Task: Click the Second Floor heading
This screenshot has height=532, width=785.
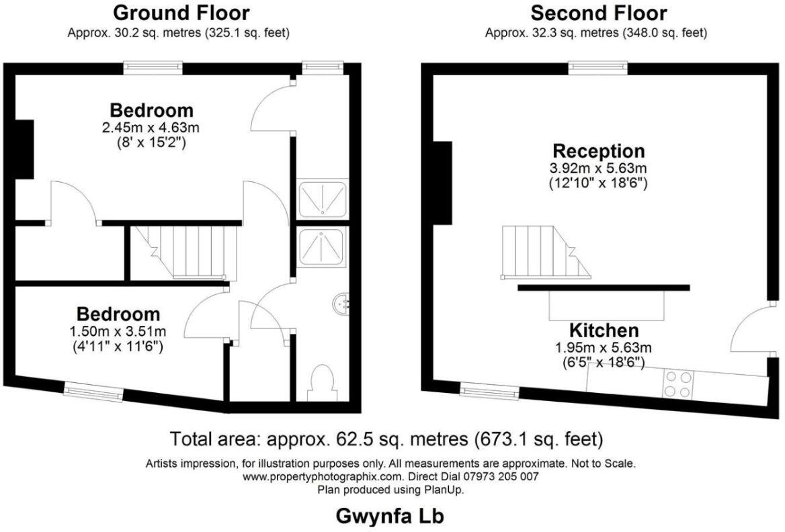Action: [x=598, y=13]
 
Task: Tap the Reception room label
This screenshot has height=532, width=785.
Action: [x=598, y=150]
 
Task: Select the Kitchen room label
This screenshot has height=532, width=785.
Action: [x=604, y=330]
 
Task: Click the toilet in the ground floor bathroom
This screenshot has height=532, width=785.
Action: [x=323, y=382]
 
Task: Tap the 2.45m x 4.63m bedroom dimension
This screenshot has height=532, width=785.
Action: [x=151, y=126]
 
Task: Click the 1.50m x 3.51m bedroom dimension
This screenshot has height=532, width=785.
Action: [x=118, y=331]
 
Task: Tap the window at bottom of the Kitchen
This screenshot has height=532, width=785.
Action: [x=489, y=389]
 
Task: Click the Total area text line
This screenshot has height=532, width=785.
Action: [x=386, y=439]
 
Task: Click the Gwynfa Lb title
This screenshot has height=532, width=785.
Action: [x=390, y=516]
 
